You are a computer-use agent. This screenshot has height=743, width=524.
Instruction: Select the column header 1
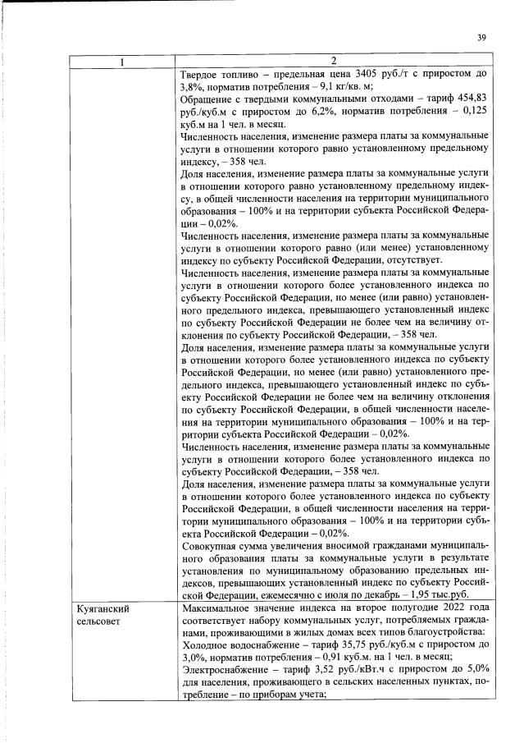[x=122, y=62]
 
